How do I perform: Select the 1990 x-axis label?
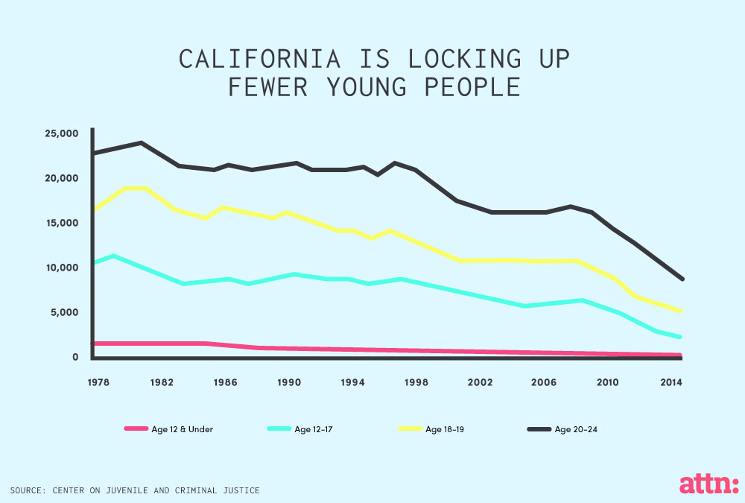[288, 382]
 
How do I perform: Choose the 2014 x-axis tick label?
[670, 382]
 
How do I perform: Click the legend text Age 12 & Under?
[182, 429]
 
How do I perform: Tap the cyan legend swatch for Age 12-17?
[279, 429]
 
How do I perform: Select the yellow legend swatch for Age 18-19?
[410, 429]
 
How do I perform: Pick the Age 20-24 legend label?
[576, 429]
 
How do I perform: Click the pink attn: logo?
[708, 484]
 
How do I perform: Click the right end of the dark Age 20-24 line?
[681, 279]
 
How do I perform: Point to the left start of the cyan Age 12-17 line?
[93, 262]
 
